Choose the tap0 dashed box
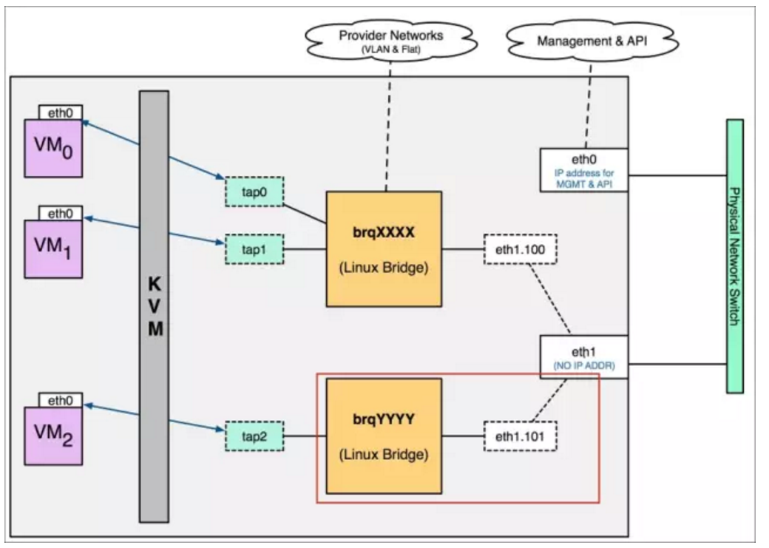click(254, 191)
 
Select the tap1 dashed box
click(254, 248)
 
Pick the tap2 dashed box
click(254, 436)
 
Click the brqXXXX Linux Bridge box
click(383, 248)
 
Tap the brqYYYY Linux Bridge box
click(383, 436)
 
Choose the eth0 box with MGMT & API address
click(584, 169)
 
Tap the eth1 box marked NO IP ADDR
click(584, 357)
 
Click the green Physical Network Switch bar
click(734, 256)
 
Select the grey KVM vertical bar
click(154, 307)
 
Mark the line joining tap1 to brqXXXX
click(305, 248)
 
